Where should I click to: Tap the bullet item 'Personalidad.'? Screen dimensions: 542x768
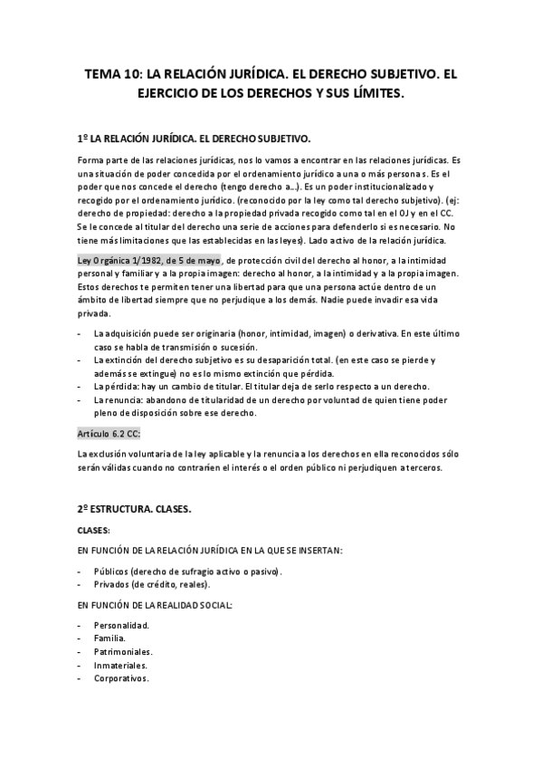click(x=121, y=625)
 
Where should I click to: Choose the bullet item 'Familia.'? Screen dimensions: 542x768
click(x=109, y=638)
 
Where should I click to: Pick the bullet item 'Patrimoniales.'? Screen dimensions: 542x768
click(x=122, y=652)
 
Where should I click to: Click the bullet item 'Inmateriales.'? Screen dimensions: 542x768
click(x=119, y=665)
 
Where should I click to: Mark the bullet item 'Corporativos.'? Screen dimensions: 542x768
click(x=120, y=678)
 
